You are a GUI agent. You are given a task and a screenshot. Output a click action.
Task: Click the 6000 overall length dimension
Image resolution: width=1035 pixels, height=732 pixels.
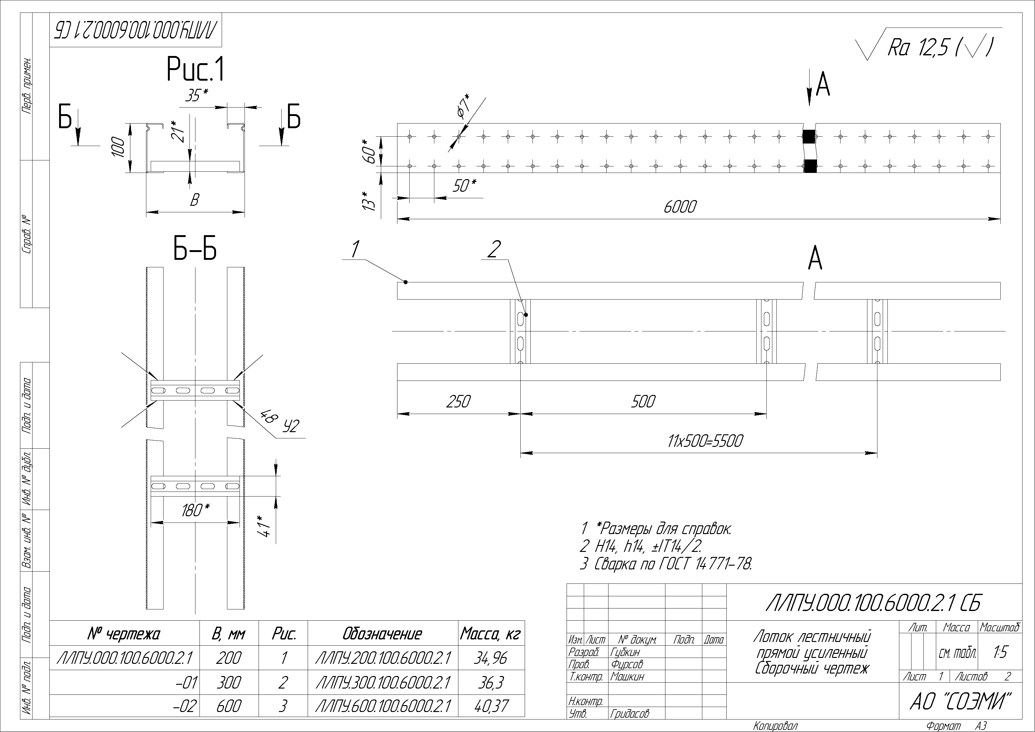point(680,207)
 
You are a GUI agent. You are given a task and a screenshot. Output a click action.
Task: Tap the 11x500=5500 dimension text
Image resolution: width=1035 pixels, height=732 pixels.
point(704,441)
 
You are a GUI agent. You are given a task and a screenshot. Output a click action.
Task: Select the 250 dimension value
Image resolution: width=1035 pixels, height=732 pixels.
point(458,401)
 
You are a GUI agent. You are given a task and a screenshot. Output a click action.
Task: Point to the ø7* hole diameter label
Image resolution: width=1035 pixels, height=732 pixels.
point(463,107)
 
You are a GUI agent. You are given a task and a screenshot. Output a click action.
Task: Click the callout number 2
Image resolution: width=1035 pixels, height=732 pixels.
point(494,249)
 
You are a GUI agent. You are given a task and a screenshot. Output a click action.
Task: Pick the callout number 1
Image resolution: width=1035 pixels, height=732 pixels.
point(355,249)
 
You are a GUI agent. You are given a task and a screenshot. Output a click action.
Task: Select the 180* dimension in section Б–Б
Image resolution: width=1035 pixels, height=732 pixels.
point(195,510)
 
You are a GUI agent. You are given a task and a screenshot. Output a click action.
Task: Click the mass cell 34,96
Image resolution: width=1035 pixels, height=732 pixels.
point(491,659)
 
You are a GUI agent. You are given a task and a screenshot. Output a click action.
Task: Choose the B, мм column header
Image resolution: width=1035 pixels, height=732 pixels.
point(229,634)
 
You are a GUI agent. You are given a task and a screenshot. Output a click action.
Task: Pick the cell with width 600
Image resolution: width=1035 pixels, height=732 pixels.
point(229,706)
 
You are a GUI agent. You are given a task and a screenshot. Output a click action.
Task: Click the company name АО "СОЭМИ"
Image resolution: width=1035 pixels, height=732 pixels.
point(961,701)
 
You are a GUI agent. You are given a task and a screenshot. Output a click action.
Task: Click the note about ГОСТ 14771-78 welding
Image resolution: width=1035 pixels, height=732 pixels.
point(666,564)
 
